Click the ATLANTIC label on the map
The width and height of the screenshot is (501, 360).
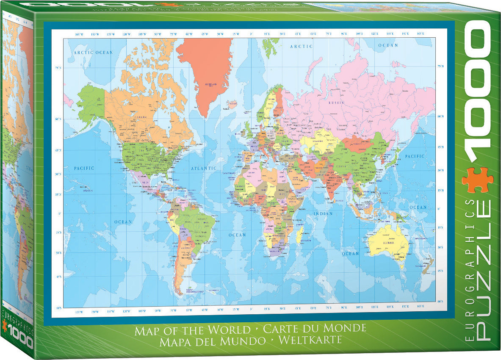pyautogui.click(x=204, y=169)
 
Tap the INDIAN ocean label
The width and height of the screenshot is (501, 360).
pyautogui.click(x=323, y=214)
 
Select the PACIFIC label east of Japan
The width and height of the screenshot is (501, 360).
pyautogui.click(x=414, y=156)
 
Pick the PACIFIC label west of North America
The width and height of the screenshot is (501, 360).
pyautogui.click(x=84, y=168)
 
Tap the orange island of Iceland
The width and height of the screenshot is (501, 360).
pyautogui.click(x=232, y=104)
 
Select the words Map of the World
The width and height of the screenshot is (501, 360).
pyautogui.click(x=193, y=330)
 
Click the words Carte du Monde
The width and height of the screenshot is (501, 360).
pyautogui.click(x=314, y=328)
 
